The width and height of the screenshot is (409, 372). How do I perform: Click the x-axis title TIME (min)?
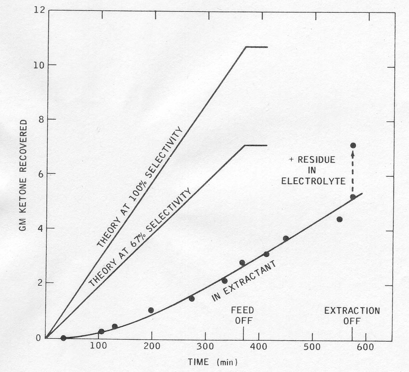click(x=213, y=362)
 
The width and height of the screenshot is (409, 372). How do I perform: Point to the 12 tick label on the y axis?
click(x=39, y=10)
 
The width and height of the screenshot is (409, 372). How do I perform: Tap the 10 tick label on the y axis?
click(x=39, y=65)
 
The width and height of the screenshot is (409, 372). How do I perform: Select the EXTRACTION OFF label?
click(x=352, y=315)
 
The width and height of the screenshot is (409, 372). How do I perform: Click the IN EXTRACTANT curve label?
click(x=244, y=281)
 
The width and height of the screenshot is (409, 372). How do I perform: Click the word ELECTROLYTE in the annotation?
click(x=313, y=181)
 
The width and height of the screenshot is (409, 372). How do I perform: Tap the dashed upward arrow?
click(x=353, y=171)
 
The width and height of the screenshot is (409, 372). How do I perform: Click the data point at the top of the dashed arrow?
click(x=353, y=145)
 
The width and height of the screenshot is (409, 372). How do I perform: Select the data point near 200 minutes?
click(x=151, y=310)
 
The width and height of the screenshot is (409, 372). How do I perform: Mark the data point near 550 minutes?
click(x=340, y=219)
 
